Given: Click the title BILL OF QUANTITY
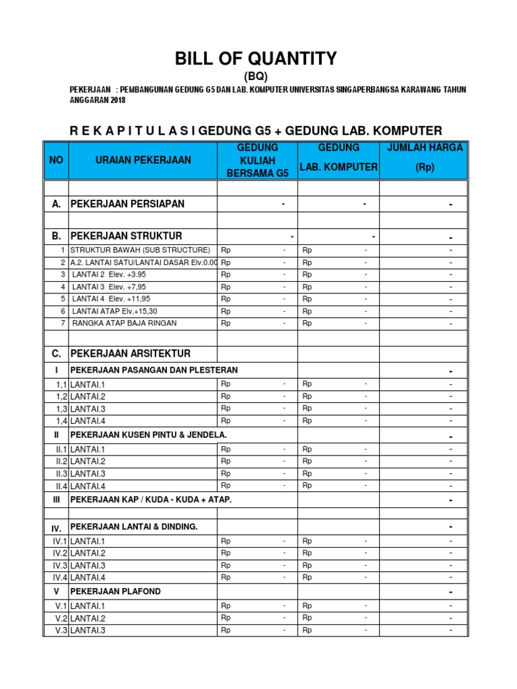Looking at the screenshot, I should click(x=256, y=59).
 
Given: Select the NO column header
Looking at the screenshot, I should click(x=55, y=160).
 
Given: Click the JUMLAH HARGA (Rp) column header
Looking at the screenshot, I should click(x=424, y=157).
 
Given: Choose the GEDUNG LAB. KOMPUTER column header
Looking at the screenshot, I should click(x=339, y=157).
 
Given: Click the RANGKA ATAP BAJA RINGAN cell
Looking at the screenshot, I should click(x=125, y=323).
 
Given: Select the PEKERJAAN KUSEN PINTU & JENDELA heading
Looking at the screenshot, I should click(x=149, y=435).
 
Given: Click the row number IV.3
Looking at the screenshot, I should click(x=60, y=566).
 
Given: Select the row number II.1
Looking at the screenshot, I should click(x=61, y=449).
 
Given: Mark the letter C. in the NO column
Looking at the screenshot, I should click(x=57, y=354).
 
